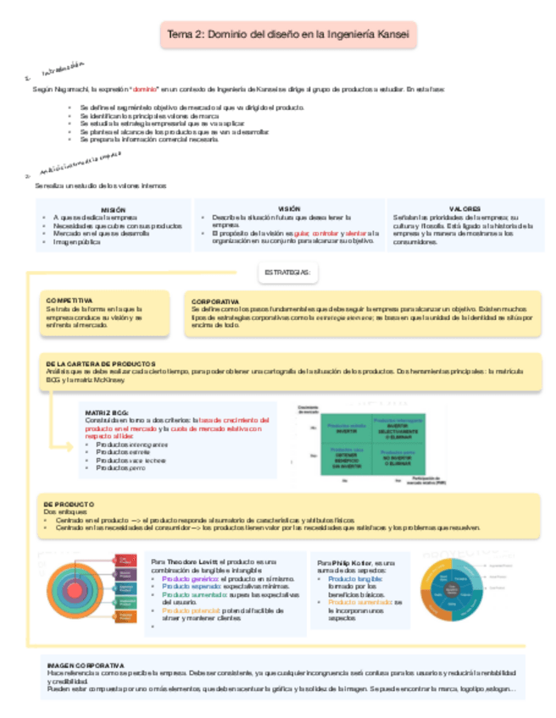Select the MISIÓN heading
click(113, 208)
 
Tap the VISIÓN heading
click(289, 207)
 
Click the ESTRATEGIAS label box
click(286, 273)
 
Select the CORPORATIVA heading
click(215, 301)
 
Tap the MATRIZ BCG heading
click(106, 411)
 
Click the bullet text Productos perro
click(120, 467)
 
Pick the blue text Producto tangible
click(353, 578)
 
